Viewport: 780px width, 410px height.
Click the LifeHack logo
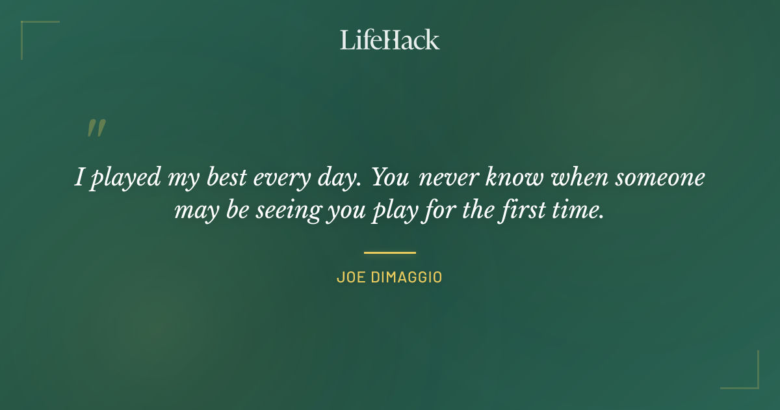390,40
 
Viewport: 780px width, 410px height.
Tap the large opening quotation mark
96,128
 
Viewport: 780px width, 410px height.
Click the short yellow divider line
390,253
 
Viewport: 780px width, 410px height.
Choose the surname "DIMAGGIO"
407,277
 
